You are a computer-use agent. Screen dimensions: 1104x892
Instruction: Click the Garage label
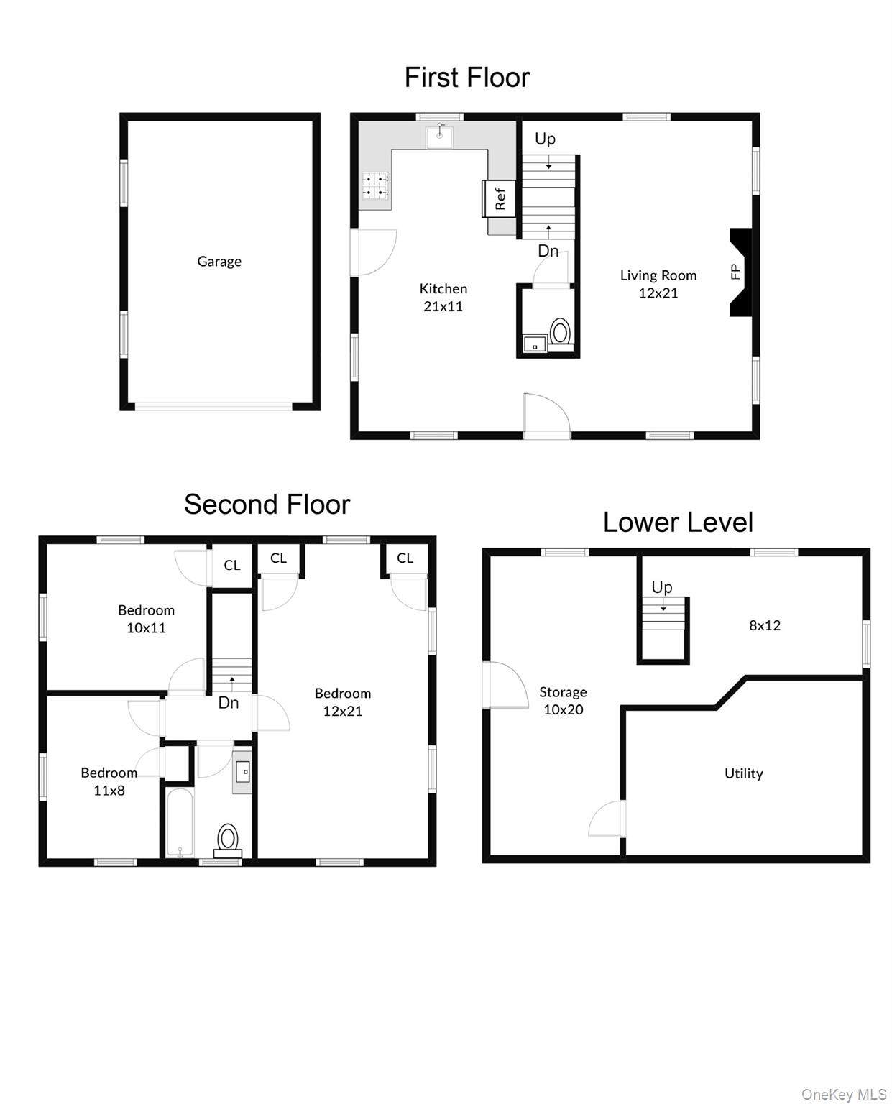[x=219, y=262]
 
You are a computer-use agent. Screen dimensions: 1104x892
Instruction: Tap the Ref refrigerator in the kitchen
[x=499, y=198]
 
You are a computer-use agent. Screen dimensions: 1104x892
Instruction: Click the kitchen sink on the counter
[x=440, y=136]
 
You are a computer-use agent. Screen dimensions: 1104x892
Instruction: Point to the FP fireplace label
[x=735, y=272]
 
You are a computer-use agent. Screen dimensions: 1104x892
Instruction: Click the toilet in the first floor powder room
[x=561, y=333]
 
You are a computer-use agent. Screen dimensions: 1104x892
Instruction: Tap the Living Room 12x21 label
[x=658, y=284]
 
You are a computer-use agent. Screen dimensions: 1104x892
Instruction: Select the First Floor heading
[x=466, y=78]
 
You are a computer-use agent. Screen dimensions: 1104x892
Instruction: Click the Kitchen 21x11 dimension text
[x=443, y=306]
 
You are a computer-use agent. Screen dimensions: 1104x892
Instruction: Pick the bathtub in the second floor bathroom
[x=179, y=822]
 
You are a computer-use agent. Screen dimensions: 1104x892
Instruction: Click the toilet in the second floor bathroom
[x=228, y=839]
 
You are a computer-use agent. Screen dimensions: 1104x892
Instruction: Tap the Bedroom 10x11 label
[x=146, y=619]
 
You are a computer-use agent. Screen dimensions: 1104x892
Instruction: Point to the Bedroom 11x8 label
[x=109, y=781]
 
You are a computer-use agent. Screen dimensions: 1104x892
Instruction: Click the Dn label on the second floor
[x=229, y=703]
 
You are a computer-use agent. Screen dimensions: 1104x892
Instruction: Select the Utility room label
[x=743, y=773]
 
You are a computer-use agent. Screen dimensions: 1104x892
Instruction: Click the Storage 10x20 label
[x=563, y=701]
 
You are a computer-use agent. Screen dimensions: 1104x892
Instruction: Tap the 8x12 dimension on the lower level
[x=764, y=625]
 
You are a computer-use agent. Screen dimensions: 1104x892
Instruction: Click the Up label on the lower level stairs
[x=662, y=587]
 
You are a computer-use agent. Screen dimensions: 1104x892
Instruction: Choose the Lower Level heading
[x=677, y=523]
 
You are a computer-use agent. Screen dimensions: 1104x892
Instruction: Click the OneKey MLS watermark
[x=843, y=1094]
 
